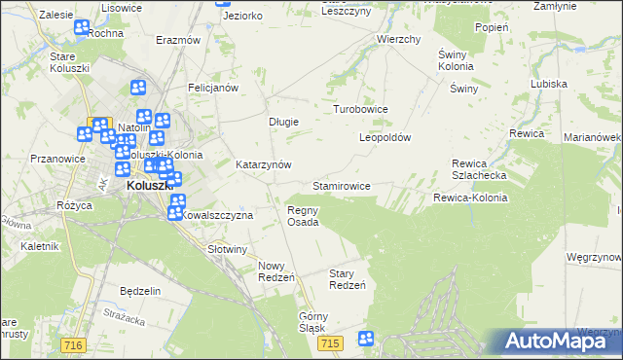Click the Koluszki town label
149,187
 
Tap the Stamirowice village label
341,185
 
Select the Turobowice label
361,109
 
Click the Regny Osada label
303,216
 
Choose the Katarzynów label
264,165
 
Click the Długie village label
283,122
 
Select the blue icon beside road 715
366,339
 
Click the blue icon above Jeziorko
223,3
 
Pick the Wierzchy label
398,40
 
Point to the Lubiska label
549,84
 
